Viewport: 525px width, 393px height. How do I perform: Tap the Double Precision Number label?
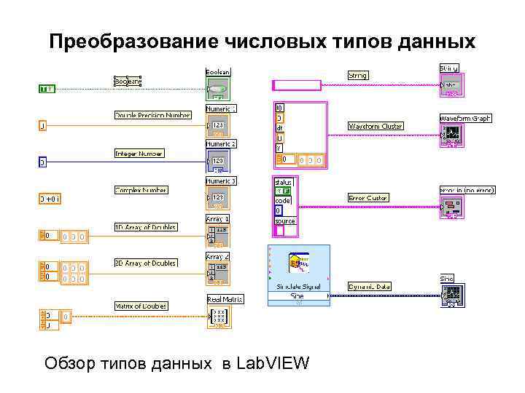pyautogui.click(x=152, y=115)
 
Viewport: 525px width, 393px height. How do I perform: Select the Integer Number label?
pyautogui.click(x=139, y=154)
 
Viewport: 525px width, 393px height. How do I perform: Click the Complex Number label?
pyautogui.click(x=141, y=191)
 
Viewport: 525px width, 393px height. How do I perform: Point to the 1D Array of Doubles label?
pyautogui.click(x=145, y=227)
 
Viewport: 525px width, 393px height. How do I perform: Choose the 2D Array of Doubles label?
pyautogui.click(x=146, y=263)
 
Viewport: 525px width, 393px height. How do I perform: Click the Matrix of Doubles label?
pyautogui.click(x=141, y=306)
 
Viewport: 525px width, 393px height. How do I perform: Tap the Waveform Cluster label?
pyautogui.click(x=376, y=127)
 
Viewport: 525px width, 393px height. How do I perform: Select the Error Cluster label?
pyautogui.click(x=368, y=198)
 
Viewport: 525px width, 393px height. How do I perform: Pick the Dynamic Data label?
pyautogui.click(x=370, y=287)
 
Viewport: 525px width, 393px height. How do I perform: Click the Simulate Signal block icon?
pyautogui.click(x=298, y=266)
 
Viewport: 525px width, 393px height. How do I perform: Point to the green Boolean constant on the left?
pyautogui.click(x=46, y=89)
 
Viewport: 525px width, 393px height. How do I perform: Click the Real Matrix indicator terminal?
pyautogui.click(x=218, y=317)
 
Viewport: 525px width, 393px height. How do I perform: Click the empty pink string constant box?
pyautogui.click(x=296, y=84)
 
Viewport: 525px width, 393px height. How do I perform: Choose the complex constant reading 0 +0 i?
pyautogui.click(x=50, y=198)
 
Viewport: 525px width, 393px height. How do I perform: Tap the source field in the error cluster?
pyautogui.click(x=285, y=221)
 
